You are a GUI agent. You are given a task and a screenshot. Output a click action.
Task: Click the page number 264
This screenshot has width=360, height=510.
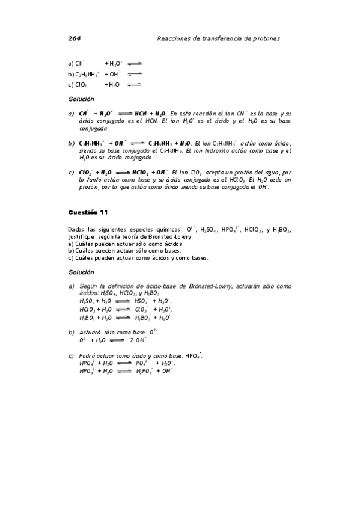click(74, 38)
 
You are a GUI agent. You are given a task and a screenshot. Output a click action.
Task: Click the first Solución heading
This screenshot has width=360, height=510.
click(81, 98)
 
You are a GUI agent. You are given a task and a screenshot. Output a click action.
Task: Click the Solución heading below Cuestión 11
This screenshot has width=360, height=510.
click(81, 272)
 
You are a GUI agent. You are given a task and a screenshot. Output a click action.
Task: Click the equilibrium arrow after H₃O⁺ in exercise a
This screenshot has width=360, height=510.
click(135, 63)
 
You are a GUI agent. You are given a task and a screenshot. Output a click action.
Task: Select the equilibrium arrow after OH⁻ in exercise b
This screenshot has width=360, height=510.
click(135, 74)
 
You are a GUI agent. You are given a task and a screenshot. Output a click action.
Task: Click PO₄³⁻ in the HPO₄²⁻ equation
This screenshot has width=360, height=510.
click(142, 363)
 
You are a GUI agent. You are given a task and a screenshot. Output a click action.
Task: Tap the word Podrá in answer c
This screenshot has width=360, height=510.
click(87, 355)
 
